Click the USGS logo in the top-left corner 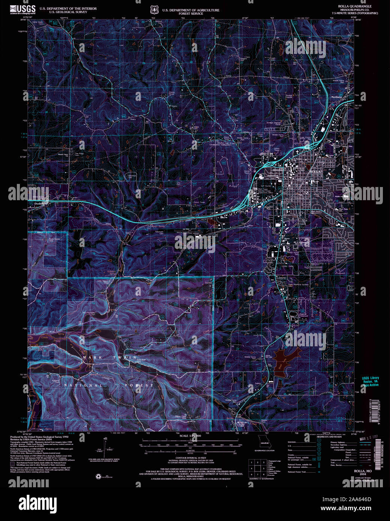(23, 9)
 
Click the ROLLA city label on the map (315, 172)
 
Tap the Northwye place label (337, 97)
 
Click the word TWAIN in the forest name (125, 358)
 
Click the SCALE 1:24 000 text (190, 436)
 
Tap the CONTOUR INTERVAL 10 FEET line (190, 458)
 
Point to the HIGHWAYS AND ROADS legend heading (329, 437)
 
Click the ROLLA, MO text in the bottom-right (363, 471)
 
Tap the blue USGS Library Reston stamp (370, 381)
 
